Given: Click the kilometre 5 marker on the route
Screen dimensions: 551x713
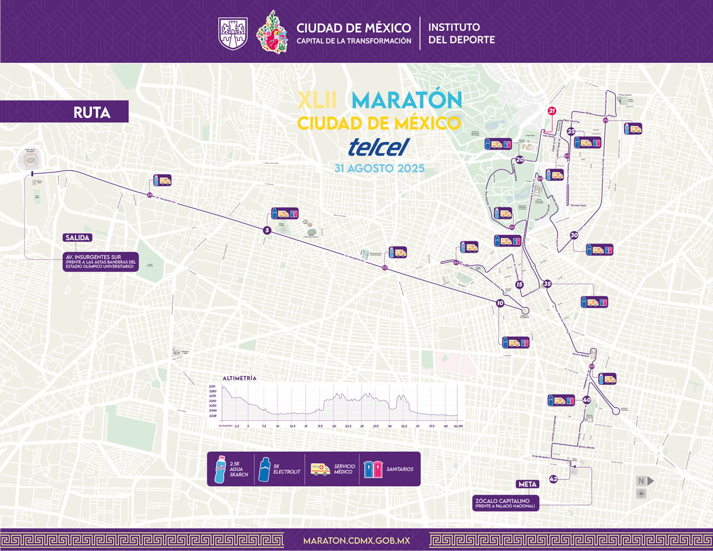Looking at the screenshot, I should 267,229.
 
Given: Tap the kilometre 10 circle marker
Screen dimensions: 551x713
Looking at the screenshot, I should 500,303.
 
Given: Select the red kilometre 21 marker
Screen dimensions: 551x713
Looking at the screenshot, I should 552,111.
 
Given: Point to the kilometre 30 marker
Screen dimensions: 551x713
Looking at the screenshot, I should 574,235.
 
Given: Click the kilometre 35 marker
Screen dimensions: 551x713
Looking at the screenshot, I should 547,284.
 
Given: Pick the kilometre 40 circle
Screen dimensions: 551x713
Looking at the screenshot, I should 586,400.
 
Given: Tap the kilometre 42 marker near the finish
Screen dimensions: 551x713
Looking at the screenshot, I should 554,478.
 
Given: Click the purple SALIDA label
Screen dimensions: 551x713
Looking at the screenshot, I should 77,238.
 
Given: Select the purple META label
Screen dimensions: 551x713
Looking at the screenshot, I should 527,484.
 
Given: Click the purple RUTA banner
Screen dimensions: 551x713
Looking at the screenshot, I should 92,112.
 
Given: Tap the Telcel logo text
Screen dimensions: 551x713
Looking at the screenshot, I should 379,146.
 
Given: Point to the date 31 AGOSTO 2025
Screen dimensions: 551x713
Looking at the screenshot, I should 379,168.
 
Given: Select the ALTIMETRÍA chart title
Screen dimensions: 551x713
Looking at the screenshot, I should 239,378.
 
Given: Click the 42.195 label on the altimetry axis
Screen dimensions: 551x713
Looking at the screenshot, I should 458,426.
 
